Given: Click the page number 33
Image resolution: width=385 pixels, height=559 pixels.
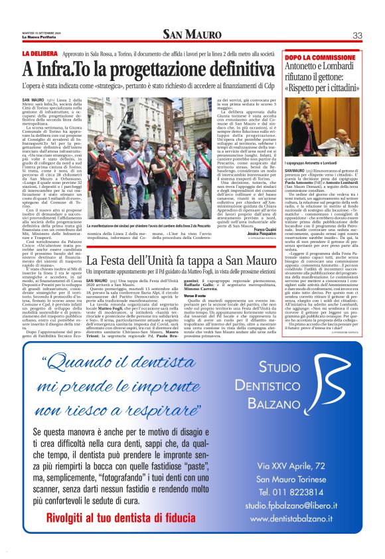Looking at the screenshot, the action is tap(357, 35).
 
